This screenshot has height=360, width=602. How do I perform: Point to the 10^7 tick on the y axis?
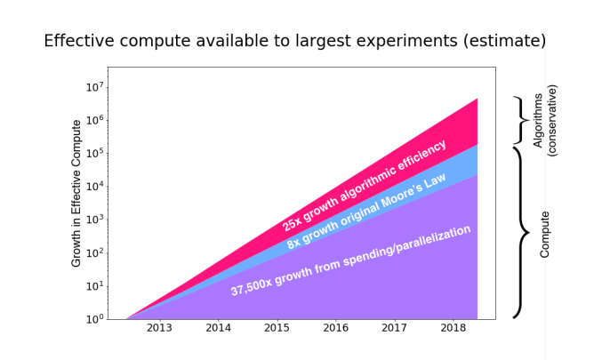click(95, 87)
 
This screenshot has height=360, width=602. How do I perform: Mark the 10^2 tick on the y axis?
click(95, 252)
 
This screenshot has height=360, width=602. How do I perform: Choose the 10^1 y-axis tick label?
click(95, 286)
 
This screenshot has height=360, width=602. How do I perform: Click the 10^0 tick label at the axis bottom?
click(95, 318)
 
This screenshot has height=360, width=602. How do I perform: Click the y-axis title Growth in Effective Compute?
click(77, 193)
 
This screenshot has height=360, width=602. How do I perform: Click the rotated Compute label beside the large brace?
click(545, 235)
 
